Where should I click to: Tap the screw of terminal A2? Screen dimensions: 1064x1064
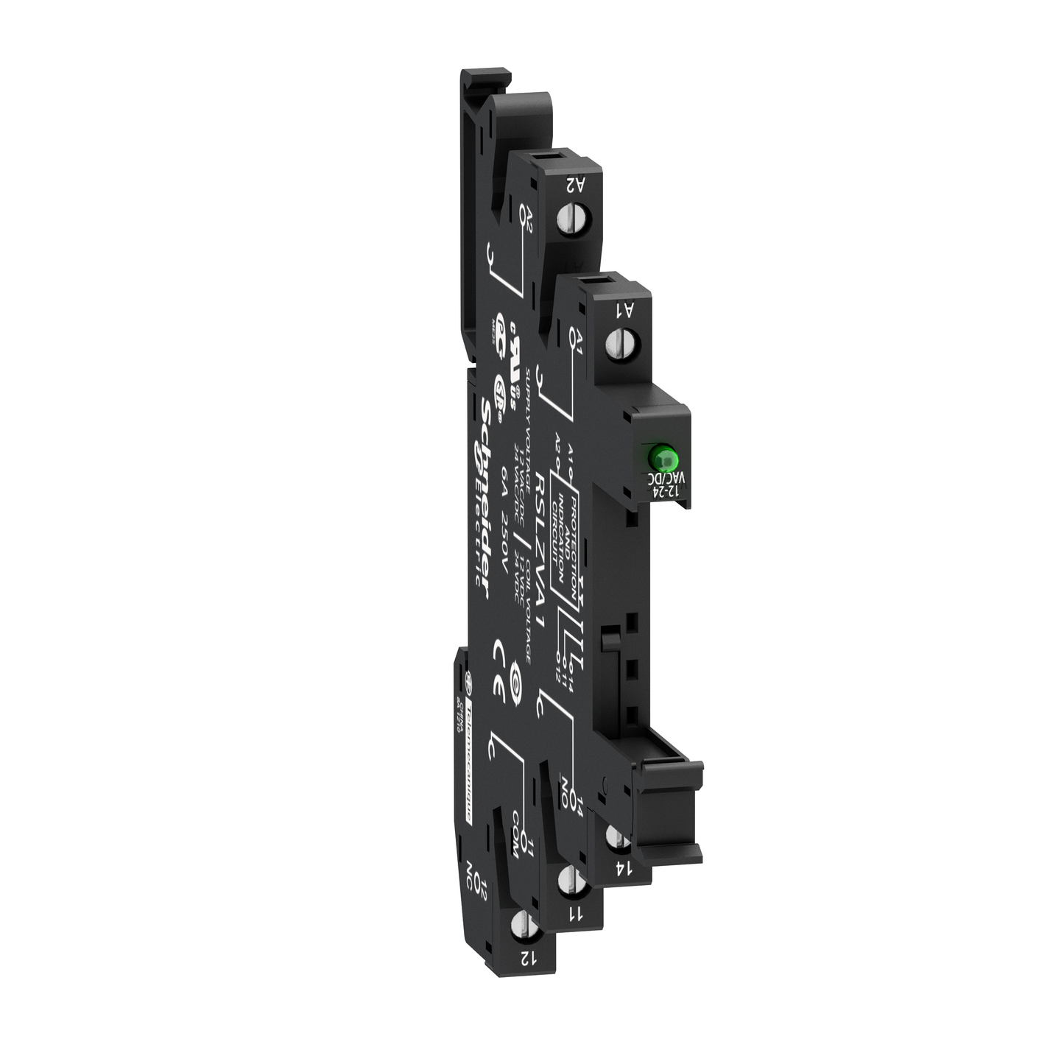pyautogui.click(x=568, y=219)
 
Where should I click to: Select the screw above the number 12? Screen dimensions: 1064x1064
pyautogui.click(x=521, y=925)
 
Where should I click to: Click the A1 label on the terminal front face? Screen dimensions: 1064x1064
pyautogui.click(x=625, y=310)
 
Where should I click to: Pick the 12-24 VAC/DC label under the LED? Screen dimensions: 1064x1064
pyautogui.click(x=661, y=486)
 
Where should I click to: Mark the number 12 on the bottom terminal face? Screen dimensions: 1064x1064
pyautogui.click(x=527, y=958)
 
